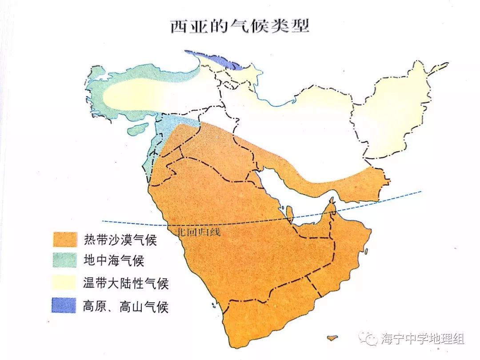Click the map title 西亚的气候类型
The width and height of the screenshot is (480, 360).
pyautogui.click(x=240, y=25)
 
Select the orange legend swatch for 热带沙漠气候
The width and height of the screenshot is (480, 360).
pyautogui.click(x=64, y=240)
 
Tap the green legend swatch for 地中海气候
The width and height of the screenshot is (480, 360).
pyautogui.click(x=64, y=260)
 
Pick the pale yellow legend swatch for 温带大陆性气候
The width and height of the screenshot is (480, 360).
pyautogui.click(x=64, y=283)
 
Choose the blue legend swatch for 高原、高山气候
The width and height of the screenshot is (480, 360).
pyautogui.click(x=64, y=305)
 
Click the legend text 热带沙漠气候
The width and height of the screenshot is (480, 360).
pyautogui.click(x=120, y=240)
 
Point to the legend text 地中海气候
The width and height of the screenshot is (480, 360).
pyautogui.click(x=113, y=260)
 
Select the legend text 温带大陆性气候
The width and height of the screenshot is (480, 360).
pyautogui.click(x=126, y=283)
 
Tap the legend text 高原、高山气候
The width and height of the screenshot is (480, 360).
pyautogui.click(x=126, y=306)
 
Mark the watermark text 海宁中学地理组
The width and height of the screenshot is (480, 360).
pyautogui.click(x=422, y=339)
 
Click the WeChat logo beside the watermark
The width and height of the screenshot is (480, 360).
pyautogui.click(x=368, y=338)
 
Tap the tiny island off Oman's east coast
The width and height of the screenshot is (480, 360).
pyautogui.click(x=367, y=251)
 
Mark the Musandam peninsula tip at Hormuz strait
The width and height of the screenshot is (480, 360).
pyautogui.click(x=331, y=205)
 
